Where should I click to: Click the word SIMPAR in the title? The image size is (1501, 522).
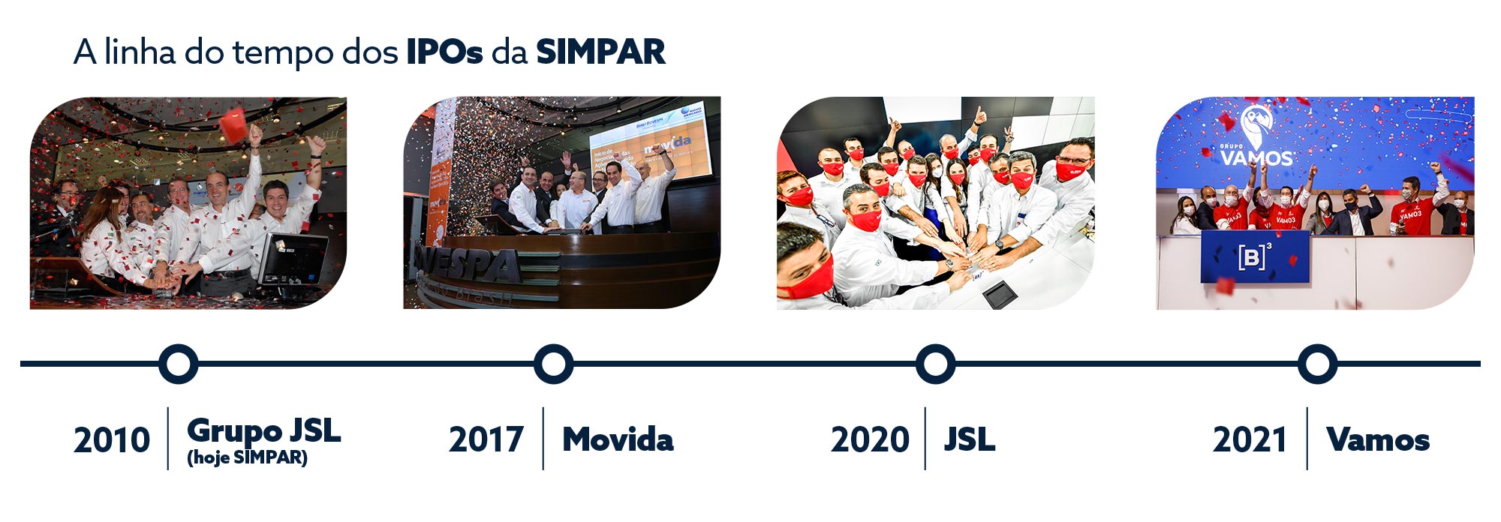point(600,52)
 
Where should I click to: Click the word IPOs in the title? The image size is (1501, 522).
point(444,52)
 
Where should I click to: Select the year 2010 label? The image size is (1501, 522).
point(112,439)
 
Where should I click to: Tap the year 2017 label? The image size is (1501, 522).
point(486,439)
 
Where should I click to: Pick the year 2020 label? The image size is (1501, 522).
point(870,439)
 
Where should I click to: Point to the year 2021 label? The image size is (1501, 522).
point(1250,439)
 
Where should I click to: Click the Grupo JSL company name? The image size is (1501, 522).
point(263,430)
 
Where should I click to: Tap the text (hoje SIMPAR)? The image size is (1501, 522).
point(247,457)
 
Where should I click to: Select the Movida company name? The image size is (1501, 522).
point(618,439)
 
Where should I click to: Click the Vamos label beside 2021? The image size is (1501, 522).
point(1378,439)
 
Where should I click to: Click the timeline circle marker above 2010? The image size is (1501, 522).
point(179,364)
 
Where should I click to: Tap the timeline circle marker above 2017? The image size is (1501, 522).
point(554,364)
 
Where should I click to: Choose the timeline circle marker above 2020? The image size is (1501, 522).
point(935,364)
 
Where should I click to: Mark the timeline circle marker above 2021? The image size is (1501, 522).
point(1317,364)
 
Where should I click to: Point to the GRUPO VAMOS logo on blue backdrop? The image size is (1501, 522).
point(1257,142)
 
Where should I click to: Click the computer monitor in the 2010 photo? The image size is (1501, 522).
point(293,259)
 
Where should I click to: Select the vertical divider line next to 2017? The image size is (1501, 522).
point(543,439)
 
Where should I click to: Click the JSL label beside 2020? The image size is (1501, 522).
point(970,439)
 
